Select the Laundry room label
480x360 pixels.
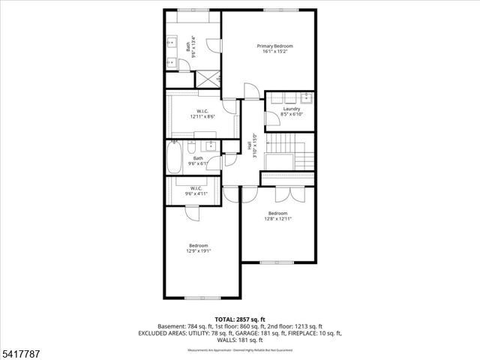click(292, 109)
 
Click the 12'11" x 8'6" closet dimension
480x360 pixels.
click(202, 117)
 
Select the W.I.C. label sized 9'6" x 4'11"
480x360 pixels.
click(196, 187)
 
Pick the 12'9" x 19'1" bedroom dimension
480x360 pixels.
click(199, 251)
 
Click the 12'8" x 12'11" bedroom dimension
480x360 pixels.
click(277, 219)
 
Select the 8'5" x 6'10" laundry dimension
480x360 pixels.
click(292, 115)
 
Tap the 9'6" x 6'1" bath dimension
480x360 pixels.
click(198, 163)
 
